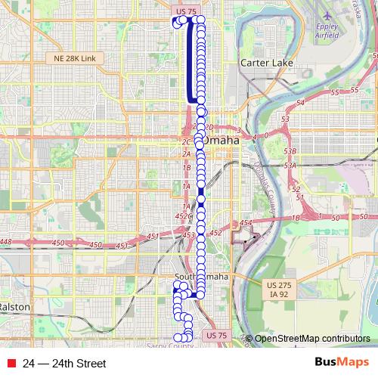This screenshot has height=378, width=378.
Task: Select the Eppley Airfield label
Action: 327,30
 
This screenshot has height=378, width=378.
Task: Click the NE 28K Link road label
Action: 72,58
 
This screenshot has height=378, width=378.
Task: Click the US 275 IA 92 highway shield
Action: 278,289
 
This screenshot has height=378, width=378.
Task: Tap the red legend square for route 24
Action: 10,364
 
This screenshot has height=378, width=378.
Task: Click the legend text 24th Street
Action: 64,364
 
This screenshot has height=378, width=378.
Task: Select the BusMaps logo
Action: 342,363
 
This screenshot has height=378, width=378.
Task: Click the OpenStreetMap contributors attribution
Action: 311,339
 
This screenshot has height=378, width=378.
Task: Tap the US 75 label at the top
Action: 185,11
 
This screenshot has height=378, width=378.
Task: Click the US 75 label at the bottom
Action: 215,335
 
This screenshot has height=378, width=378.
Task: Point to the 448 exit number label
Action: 6,242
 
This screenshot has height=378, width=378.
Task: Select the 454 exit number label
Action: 245,224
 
